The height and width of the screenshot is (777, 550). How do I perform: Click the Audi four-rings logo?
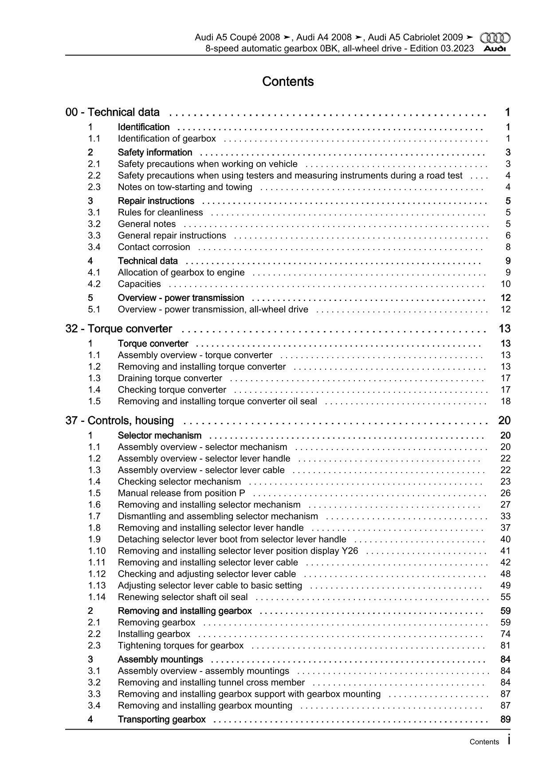[x=495, y=38]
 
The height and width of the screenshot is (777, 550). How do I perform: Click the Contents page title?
[x=288, y=82]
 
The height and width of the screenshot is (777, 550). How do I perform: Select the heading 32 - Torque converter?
[x=119, y=329]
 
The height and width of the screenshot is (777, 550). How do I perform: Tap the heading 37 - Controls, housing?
[x=120, y=421]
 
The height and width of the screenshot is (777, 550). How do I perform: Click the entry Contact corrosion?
[x=154, y=247]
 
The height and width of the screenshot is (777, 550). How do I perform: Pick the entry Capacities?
[x=139, y=284]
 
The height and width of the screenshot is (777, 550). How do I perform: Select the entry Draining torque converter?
[x=170, y=379]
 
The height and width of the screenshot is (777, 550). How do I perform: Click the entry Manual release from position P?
[x=181, y=493]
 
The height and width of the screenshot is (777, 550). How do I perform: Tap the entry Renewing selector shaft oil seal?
[x=183, y=597]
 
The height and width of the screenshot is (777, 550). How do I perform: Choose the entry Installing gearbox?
[x=154, y=634]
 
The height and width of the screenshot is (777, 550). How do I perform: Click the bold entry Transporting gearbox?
[x=161, y=719]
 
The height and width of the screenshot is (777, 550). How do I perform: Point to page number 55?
[x=505, y=597]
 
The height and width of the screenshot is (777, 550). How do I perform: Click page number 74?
[x=505, y=634]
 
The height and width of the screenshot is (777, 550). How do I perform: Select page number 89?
[x=505, y=719]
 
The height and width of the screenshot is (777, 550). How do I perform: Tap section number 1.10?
[x=97, y=551]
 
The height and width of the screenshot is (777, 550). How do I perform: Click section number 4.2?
[x=94, y=284]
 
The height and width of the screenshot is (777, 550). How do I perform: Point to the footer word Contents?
[x=484, y=742]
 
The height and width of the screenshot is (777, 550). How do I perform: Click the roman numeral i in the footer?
[x=508, y=740]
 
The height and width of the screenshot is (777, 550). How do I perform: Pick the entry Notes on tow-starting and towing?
[x=185, y=187]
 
